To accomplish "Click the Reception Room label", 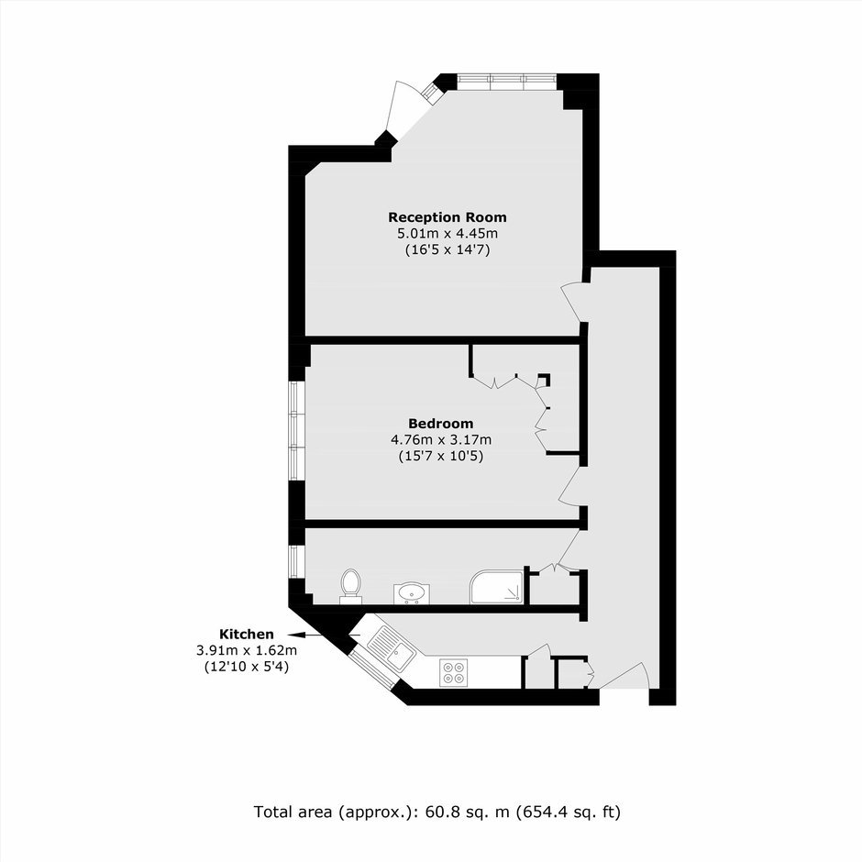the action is tap(448, 217).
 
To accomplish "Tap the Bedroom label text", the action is tap(441, 424).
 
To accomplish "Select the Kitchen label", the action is tap(247, 634).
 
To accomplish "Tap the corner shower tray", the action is tap(496, 587).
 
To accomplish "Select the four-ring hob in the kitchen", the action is tap(454, 672).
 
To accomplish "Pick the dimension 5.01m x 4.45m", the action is tap(448, 233).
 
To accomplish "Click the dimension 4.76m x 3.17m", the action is tap(441, 440).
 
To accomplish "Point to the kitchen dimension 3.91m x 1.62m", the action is tap(247, 650).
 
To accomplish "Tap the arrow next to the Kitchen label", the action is tap(323, 635).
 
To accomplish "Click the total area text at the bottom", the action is tap(437, 812).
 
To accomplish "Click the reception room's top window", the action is tap(506, 82).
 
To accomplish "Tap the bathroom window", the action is tap(297, 561).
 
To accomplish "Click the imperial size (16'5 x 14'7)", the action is tap(448, 250).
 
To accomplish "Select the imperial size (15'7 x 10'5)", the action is tap(441, 457).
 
